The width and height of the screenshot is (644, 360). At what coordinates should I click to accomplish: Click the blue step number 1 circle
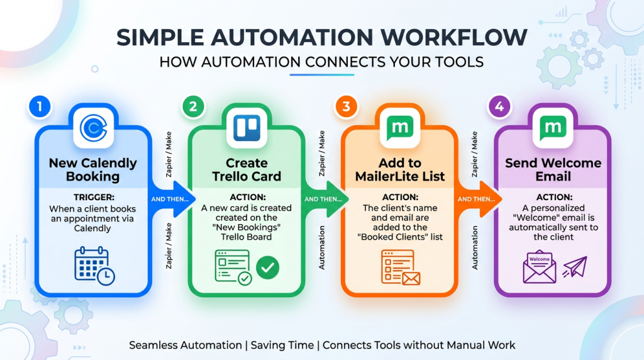coord(40,107)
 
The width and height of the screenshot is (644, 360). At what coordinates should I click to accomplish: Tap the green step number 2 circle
coord(193,107)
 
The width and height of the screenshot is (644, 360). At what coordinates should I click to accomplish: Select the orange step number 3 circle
coord(347,107)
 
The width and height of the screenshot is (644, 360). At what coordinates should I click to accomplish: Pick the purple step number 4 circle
coord(500,107)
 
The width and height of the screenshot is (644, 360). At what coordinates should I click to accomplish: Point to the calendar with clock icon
coord(94,266)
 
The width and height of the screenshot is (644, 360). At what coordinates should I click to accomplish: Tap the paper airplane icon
coord(575,267)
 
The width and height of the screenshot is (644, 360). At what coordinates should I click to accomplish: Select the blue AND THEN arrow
coord(170,199)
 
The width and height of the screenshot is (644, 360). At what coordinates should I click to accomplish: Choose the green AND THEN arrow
coord(324,199)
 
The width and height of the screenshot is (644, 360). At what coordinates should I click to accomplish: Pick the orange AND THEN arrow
coord(477,199)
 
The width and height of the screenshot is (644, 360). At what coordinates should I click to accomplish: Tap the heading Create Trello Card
coord(247,170)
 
